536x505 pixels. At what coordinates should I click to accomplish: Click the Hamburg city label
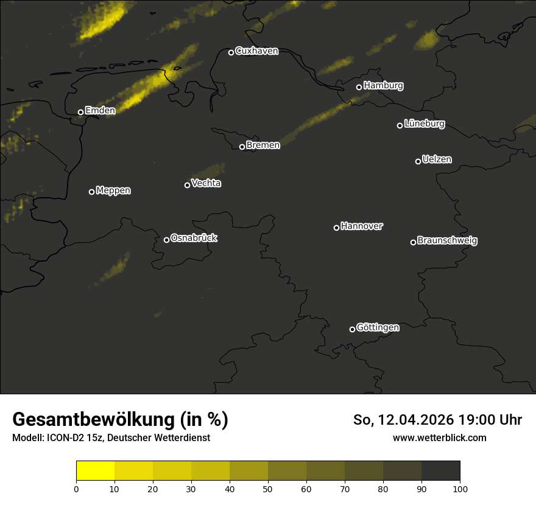[x=383, y=86]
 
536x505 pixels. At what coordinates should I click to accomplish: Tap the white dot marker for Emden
[x=80, y=112]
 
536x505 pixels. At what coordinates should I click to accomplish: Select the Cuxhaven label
[x=256, y=51]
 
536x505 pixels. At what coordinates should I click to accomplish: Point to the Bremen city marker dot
[x=242, y=147]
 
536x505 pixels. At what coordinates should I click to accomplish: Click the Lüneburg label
[x=424, y=124]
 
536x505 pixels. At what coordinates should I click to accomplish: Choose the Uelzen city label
[x=436, y=159]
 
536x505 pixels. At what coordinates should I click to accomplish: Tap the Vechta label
[x=206, y=183]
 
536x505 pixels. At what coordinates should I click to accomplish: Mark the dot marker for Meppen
[x=91, y=192]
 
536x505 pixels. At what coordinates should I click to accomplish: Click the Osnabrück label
[x=194, y=238]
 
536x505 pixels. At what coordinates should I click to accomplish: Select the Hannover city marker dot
[x=336, y=228]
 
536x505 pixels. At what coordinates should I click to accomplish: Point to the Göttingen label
[x=378, y=327]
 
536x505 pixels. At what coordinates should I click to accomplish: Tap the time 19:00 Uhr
[x=485, y=420]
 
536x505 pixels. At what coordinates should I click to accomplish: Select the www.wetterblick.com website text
[x=439, y=437]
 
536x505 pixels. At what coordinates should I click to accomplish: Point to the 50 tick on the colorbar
[x=268, y=489]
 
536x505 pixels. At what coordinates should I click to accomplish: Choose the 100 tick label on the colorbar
[x=460, y=489]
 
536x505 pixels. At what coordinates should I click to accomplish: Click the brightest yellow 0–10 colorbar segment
[x=96, y=470]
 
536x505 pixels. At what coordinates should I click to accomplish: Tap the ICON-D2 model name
[x=62, y=438]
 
